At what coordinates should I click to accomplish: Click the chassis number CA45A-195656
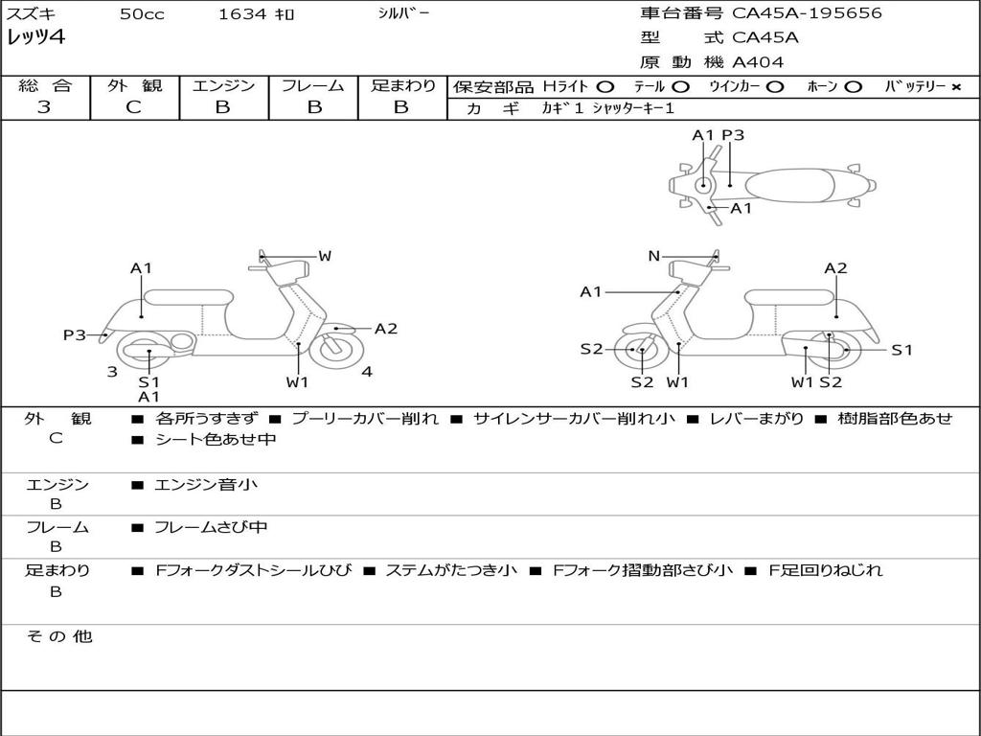click(807, 13)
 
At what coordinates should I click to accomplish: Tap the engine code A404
click(757, 62)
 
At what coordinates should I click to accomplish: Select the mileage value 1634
click(242, 13)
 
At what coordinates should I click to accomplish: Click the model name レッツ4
click(35, 37)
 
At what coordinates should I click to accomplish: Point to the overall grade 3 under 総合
click(44, 107)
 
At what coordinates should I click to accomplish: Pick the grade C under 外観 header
click(134, 107)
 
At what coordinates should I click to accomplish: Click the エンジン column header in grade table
click(223, 85)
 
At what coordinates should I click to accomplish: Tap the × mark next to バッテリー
click(955, 87)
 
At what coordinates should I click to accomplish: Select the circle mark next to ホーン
click(853, 87)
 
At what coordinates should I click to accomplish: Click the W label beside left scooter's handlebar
click(325, 255)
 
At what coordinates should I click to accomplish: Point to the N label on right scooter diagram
click(653, 255)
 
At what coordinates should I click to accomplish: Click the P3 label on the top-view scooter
click(733, 135)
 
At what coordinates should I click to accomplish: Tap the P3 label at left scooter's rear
click(75, 334)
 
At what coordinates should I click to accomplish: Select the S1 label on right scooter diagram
click(901, 350)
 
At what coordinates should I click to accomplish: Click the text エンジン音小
click(205, 484)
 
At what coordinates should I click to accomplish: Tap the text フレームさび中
click(211, 527)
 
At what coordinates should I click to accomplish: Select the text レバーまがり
click(757, 418)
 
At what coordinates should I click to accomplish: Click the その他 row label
click(59, 636)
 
